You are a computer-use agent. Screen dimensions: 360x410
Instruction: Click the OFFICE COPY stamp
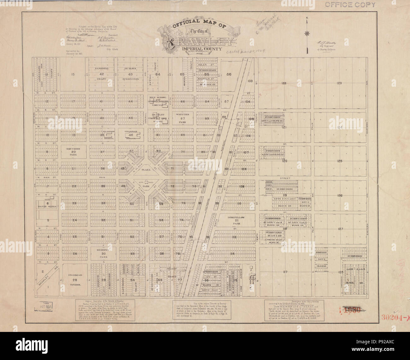tap(350, 5)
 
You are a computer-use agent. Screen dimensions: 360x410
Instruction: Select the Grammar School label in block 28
tap(75, 280)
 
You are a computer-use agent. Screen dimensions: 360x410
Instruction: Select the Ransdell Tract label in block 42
tap(102, 74)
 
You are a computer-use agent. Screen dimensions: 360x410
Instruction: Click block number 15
tap(73, 74)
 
